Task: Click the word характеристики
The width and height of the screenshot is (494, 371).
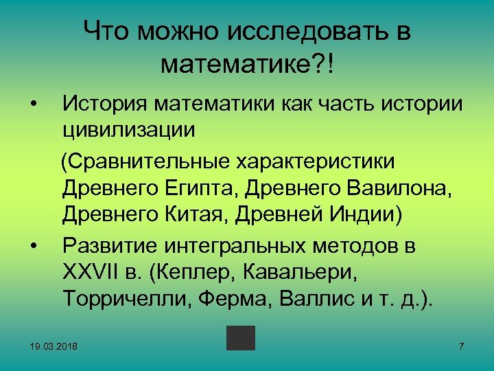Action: pos(316,162)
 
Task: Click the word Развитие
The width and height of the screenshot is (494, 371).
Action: pos(113,245)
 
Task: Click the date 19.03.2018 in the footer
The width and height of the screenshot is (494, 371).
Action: pos(54,345)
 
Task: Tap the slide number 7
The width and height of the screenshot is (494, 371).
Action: pos(462,344)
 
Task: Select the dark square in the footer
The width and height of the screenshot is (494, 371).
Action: pos(241,338)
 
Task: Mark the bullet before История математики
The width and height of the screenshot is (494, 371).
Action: pos(32,104)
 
